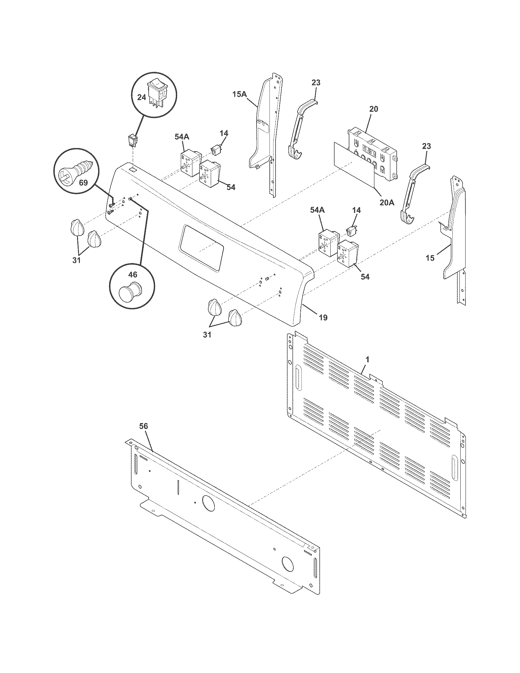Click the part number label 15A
tap(240, 94)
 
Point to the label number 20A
tap(387, 203)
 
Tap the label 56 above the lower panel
tap(143, 426)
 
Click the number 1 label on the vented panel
tap(367, 359)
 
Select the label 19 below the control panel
tap(323, 317)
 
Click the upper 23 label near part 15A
tap(316, 83)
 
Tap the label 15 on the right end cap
tap(430, 258)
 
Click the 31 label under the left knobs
tap(76, 260)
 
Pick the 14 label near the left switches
tap(224, 133)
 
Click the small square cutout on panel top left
tap(132, 169)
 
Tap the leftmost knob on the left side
tap(76, 228)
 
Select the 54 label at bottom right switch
tap(365, 277)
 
